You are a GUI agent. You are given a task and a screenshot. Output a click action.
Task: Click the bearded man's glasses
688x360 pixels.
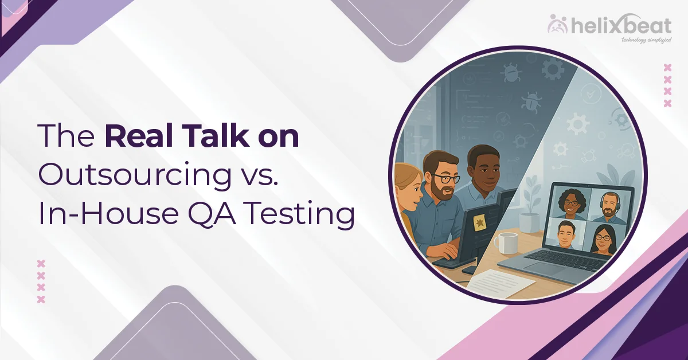(445, 179)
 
